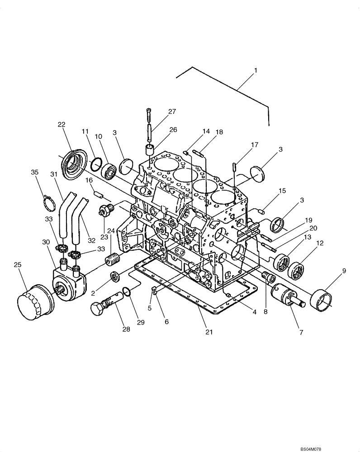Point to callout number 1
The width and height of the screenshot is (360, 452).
[256, 71]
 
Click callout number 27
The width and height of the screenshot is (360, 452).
[159, 112]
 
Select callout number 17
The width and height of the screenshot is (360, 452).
[255, 145]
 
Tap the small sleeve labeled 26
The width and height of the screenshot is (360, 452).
[150, 151]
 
